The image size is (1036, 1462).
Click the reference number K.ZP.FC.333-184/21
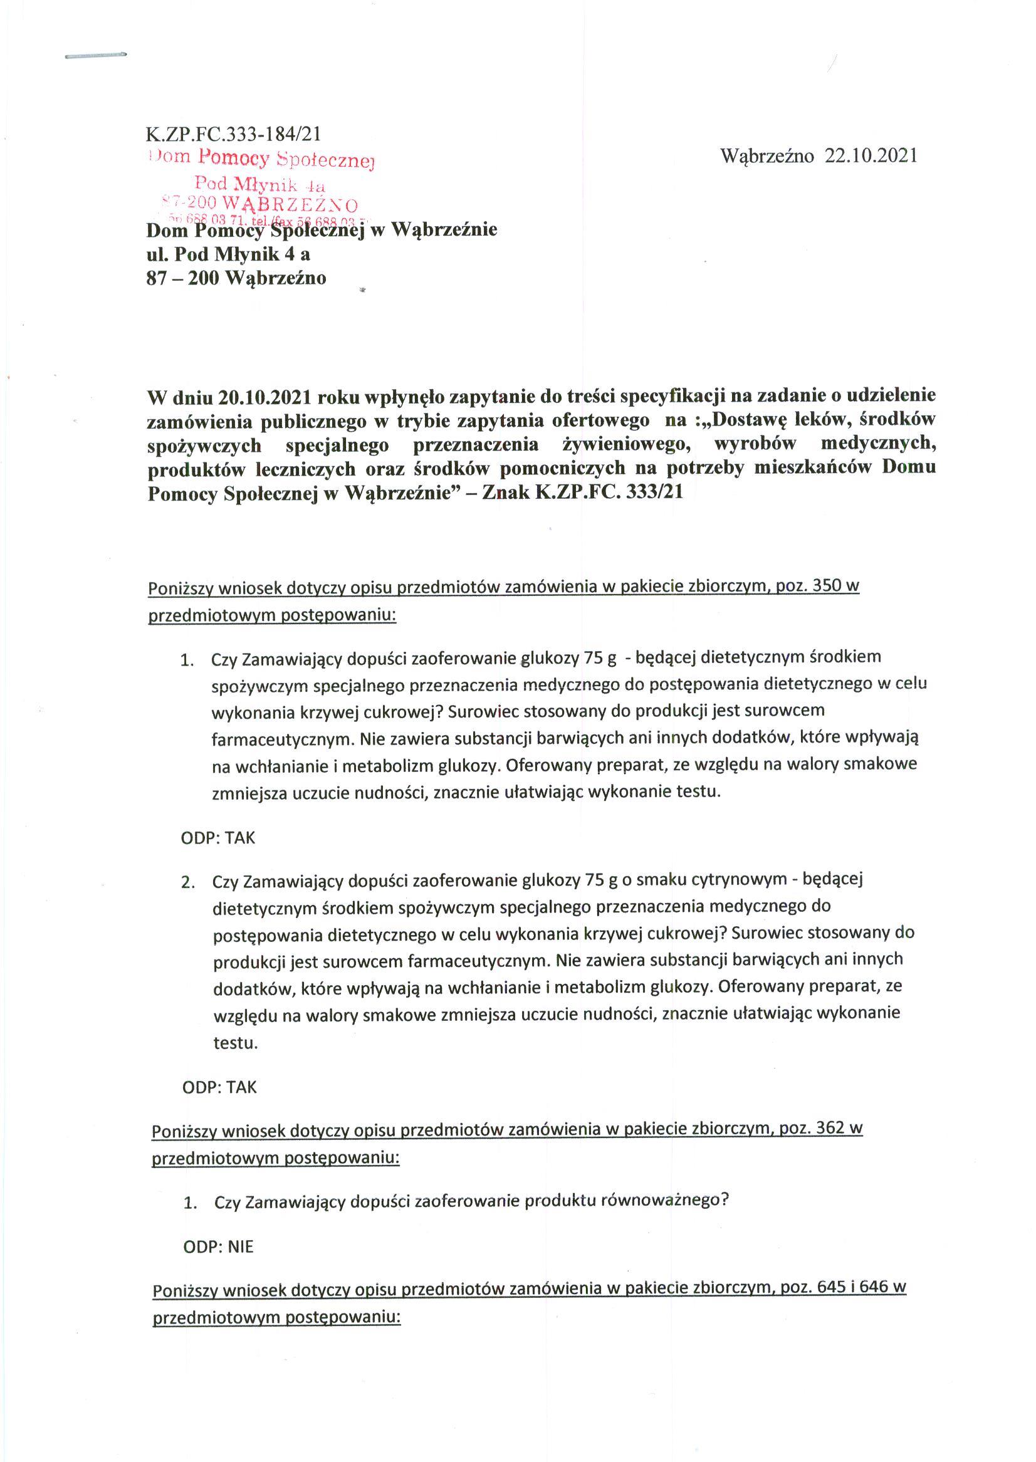(233, 134)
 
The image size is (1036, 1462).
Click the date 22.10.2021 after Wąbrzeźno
(871, 156)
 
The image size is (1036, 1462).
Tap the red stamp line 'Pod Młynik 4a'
(260, 184)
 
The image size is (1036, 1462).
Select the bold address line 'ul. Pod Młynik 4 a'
(228, 254)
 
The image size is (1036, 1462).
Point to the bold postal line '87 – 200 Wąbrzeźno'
(236, 278)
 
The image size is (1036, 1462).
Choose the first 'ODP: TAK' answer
(218, 837)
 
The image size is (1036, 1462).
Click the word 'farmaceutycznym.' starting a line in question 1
(282, 739)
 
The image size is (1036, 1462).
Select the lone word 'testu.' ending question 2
(236, 1043)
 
